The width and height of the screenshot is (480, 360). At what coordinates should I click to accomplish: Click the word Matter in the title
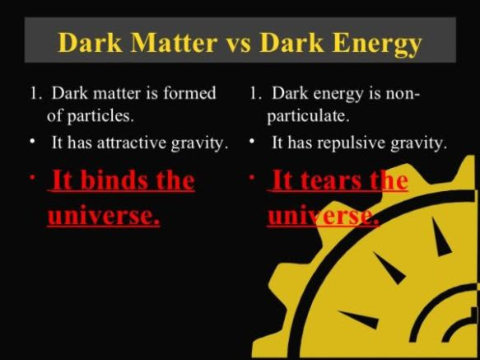click(174, 42)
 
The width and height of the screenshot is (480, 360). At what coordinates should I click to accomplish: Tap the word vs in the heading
click(239, 45)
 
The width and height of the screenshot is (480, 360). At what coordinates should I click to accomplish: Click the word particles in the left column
click(100, 117)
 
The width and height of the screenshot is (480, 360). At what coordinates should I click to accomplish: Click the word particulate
click(308, 117)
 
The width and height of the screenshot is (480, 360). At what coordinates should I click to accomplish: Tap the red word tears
click(332, 180)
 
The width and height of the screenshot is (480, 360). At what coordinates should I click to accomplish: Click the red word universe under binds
click(104, 214)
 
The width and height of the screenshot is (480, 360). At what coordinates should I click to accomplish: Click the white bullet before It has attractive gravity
click(32, 142)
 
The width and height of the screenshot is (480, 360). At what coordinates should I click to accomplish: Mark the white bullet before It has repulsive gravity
click(252, 142)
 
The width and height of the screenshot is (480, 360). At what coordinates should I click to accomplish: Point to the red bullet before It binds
click(32, 178)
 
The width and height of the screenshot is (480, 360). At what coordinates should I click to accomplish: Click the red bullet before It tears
click(252, 178)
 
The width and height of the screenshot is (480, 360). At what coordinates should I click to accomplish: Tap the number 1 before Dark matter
click(35, 93)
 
